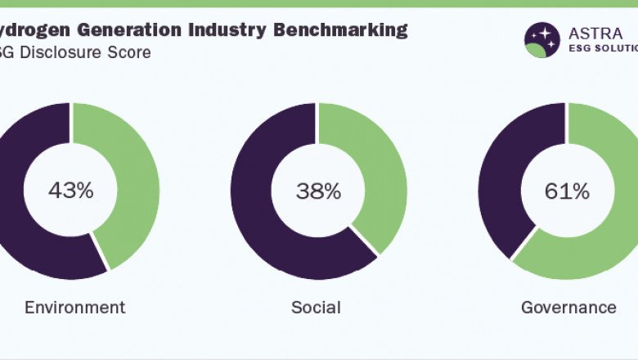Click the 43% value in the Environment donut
(x=70, y=191)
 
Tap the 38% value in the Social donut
(x=318, y=191)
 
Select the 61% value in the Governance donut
(x=567, y=191)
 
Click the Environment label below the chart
(x=74, y=308)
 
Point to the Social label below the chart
(x=316, y=308)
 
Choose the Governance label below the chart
(x=568, y=308)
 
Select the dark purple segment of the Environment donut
(x=25, y=237)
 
